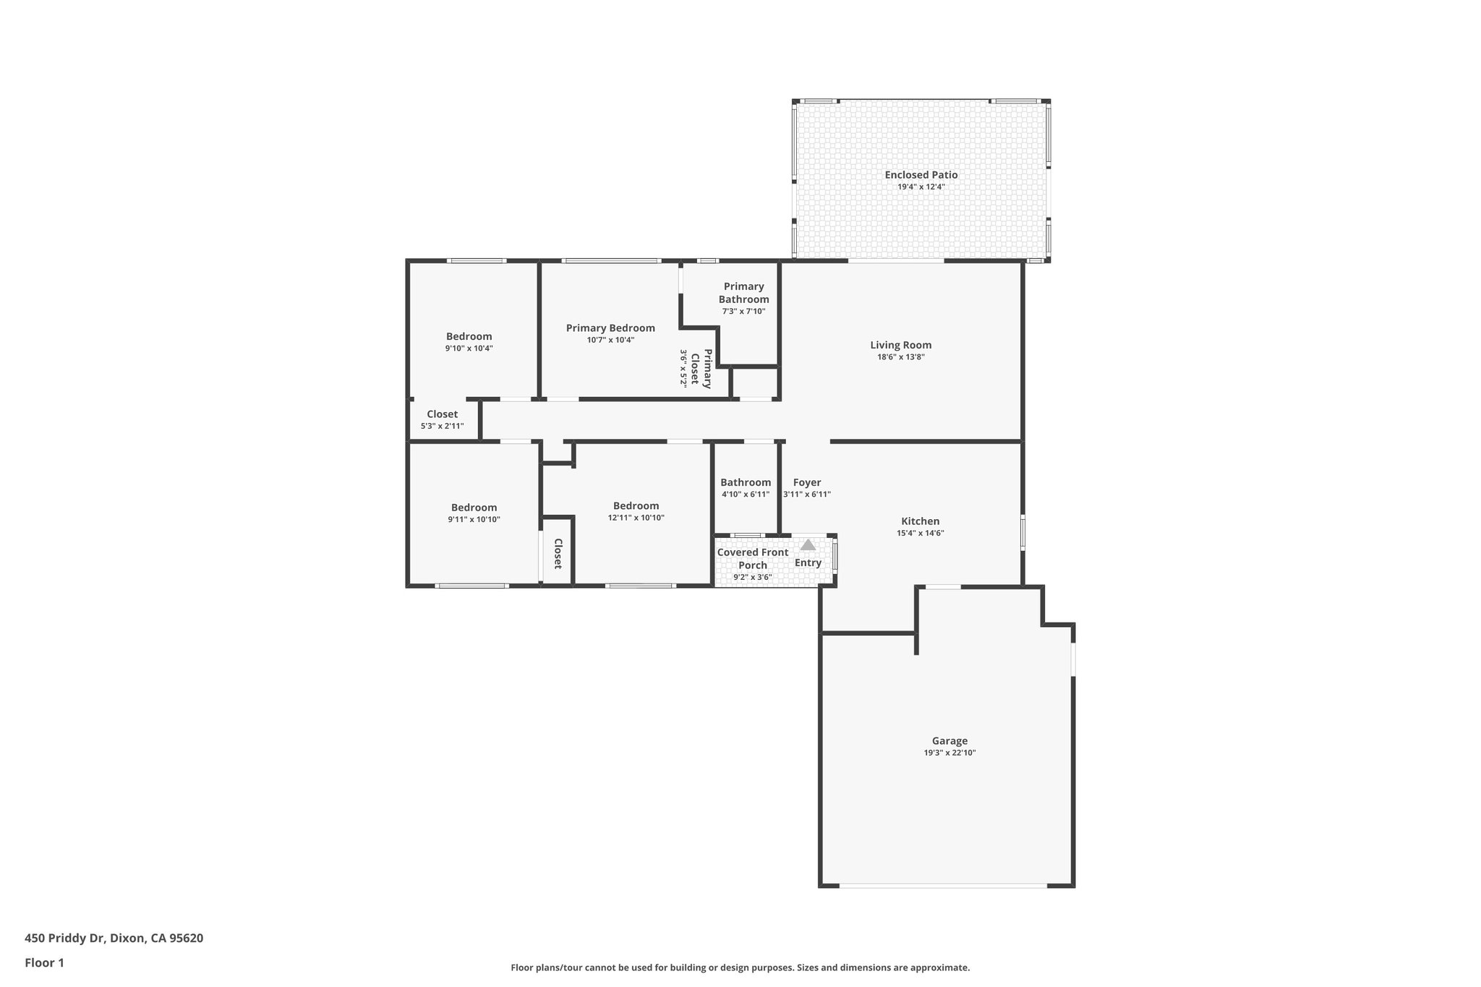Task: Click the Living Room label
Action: tap(900, 345)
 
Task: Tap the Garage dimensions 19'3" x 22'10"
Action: tap(949, 753)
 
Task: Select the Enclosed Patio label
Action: tap(921, 175)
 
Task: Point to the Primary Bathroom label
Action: tap(743, 293)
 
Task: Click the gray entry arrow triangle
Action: tap(808, 545)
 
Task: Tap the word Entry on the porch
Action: tap(808, 563)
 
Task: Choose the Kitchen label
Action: tap(920, 521)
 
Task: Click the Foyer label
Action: tap(806, 482)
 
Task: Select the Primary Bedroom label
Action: tap(610, 328)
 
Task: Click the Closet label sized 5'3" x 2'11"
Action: tap(442, 414)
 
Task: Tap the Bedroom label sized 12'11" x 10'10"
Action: tap(636, 506)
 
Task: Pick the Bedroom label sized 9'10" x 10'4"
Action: tap(469, 336)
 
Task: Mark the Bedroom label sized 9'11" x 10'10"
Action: tap(474, 508)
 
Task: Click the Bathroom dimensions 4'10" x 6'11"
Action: tap(745, 495)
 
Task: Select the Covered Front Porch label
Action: tap(752, 558)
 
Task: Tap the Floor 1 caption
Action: tap(44, 962)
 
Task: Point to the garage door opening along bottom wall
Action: tap(943, 886)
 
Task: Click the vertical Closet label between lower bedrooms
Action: tap(558, 553)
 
